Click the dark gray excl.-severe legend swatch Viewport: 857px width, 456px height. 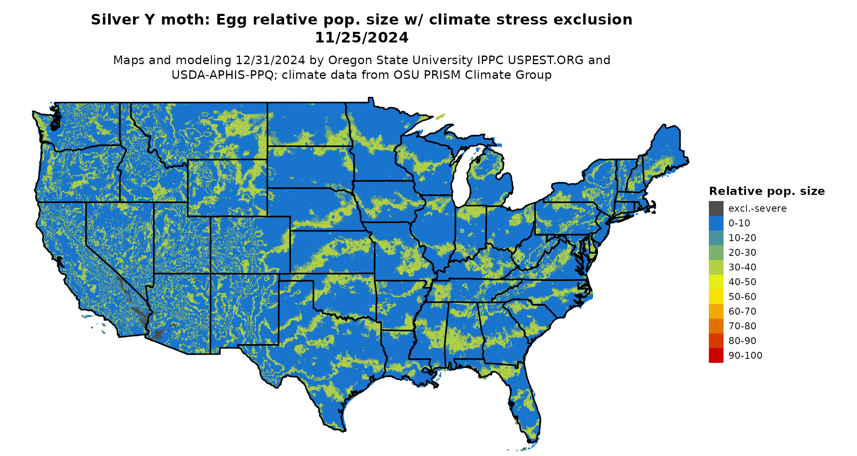coord(716,208)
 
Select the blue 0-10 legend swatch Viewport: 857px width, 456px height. coord(716,223)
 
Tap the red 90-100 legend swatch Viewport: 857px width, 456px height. coord(716,355)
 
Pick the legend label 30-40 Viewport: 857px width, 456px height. coord(742,267)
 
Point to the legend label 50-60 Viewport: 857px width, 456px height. coord(742,297)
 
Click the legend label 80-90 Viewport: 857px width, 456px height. coord(742,341)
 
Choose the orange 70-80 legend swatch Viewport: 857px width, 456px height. coord(716,326)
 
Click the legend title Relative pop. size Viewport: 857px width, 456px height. coord(767,191)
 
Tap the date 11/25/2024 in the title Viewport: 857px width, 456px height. coord(362,38)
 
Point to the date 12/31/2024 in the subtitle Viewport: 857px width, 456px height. coord(270,60)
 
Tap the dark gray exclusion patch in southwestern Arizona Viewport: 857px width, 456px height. coord(158,334)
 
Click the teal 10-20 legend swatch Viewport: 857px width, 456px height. coord(716,238)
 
